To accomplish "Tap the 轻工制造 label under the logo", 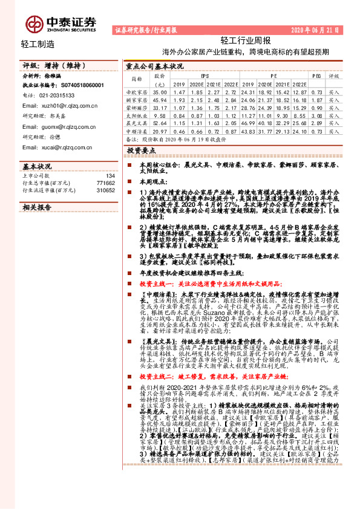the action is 38,44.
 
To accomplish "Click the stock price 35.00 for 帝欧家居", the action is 160,91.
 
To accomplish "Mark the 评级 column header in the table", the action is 333,77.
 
